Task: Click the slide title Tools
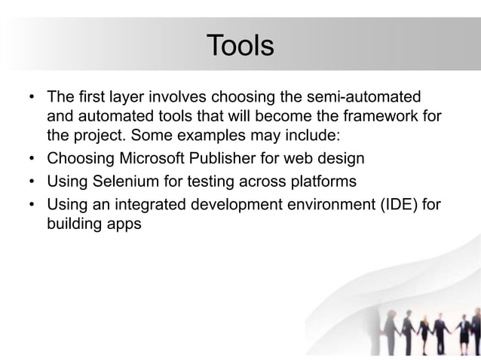[x=240, y=45]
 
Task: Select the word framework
[x=378, y=118]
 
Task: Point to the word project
[x=95, y=139]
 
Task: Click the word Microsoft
[x=152, y=160]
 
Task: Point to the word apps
[x=122, y=224]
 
